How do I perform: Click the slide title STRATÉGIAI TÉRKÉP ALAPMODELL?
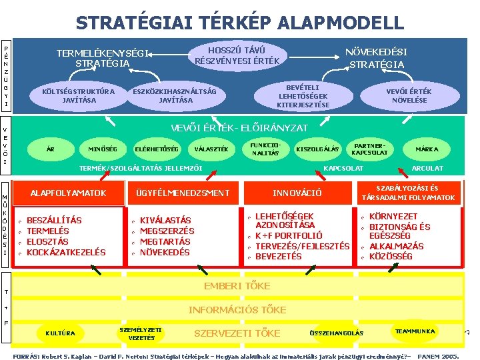tap(239, 23)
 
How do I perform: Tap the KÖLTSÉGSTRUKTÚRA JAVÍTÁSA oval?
tap(78, 95)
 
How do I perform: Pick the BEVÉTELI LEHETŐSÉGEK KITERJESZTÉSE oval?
tap(303, 95)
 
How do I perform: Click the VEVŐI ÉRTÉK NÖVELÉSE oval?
tap(409, 95)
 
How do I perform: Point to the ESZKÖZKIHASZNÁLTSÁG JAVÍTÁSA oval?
tap(175, 95)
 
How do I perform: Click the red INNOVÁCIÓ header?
tap(297, 193)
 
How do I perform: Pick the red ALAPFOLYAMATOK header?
tap(68, 193)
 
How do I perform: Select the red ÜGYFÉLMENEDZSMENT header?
tap(182, 193)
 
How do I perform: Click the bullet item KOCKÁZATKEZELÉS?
tap(66, 252)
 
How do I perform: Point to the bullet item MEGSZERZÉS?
tap(167, 231)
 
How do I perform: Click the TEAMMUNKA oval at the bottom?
tap(415, 331)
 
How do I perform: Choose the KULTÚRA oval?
tap(60, 333)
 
